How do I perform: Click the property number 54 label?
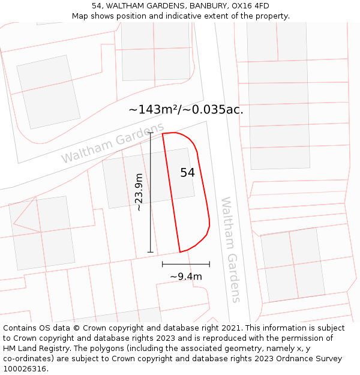click(187, 173)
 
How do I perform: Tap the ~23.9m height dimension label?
click(139, 192)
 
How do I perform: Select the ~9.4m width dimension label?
click(185, 277)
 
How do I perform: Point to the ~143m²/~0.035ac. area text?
click(185, 110)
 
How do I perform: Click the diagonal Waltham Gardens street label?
click(112, 143)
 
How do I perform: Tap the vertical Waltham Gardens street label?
click(230, 250)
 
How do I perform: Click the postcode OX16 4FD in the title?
click(251, 6)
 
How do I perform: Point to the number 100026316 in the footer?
click(25, 369)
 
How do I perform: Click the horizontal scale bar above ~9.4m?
click(185, 263)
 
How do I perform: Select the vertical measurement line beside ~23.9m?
click(150, 192)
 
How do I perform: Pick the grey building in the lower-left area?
click(42, 233)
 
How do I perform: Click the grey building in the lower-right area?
click(292, 264)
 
